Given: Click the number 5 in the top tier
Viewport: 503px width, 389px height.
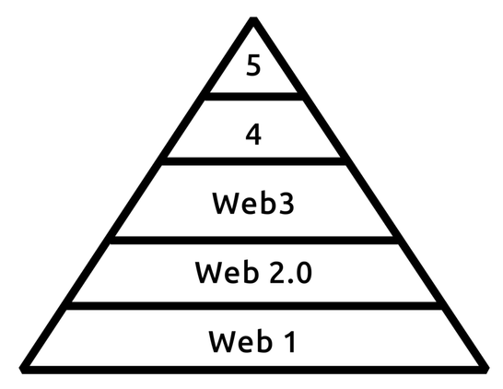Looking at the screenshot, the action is coord(253,65).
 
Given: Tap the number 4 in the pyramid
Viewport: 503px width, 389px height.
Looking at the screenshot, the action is coord(253,135).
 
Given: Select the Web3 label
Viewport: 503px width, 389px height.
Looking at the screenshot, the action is coord(253,203).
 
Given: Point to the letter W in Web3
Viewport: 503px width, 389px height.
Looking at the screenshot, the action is coord(225,203).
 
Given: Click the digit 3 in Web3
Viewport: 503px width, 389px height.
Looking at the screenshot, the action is coord(287,204).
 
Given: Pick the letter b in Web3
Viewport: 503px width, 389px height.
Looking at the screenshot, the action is coord(268,203).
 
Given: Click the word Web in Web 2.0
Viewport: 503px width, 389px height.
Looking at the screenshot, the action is coord(227,272).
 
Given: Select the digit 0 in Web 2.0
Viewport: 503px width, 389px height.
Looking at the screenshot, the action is coord(303,273).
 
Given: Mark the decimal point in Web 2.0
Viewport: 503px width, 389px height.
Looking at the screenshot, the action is coord(290,280).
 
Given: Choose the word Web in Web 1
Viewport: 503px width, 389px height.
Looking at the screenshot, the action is coord(240,341).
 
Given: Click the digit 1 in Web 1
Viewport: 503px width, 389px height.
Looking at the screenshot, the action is coord(290,341).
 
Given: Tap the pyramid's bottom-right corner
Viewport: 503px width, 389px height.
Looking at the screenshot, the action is coord(487,370).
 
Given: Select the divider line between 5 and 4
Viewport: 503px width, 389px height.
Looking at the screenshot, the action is coord(253,96).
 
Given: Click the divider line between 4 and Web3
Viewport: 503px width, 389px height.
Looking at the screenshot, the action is coord(253,161).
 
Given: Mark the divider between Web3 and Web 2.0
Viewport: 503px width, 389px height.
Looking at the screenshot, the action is coord(253,240).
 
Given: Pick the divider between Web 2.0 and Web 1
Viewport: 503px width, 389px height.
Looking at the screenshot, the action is coord(253,305).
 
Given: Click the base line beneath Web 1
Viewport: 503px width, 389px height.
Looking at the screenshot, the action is coord(253,370).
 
